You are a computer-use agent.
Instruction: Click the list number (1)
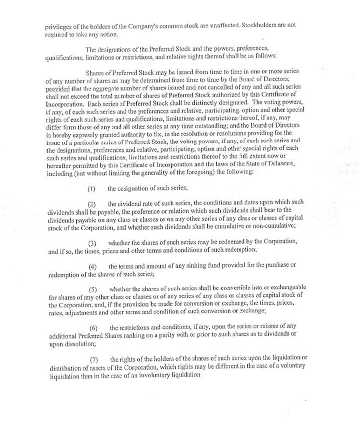click(x=92, y=188)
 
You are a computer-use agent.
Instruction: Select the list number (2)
click(x=92, y=205)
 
